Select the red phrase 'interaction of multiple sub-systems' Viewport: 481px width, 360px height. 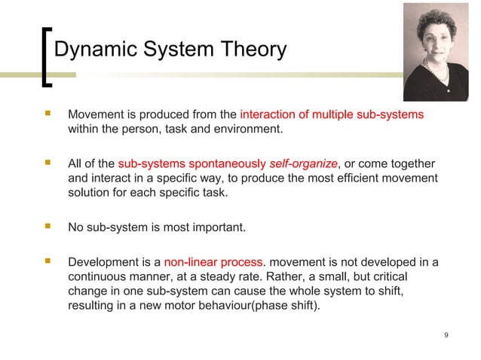[x=332, y=115]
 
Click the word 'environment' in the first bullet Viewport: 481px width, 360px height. [x=249, y=130]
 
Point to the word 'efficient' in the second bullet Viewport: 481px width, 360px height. [x=355, y=178]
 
